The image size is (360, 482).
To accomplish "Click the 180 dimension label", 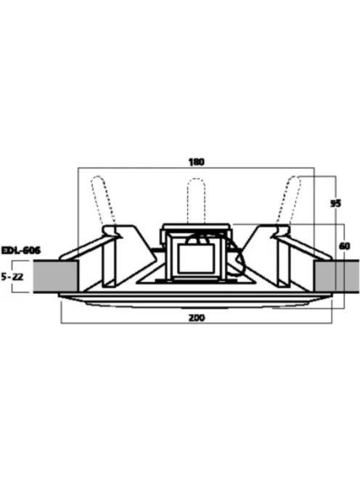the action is (197, 162).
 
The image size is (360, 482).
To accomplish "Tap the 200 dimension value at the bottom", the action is (197, 318).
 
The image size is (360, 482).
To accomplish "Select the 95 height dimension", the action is (335, 203).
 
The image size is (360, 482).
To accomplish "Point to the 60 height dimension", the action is (344, 246).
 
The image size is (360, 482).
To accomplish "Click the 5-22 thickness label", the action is (12, 277).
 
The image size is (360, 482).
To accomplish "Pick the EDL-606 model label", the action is (20, 250).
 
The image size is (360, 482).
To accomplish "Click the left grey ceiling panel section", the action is (56, 277).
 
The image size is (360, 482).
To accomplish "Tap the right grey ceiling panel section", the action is (336, 276).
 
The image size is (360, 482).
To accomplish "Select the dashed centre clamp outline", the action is (197, 200).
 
